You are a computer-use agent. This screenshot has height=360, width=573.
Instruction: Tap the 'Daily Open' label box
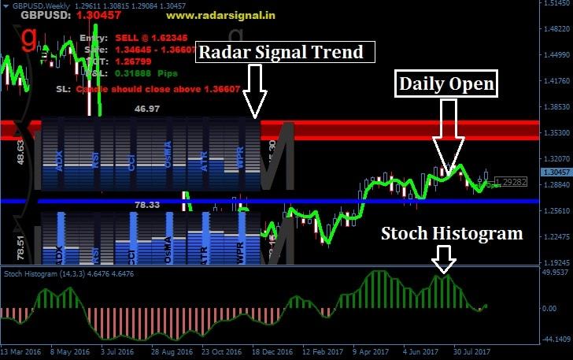click(x=446, y=84)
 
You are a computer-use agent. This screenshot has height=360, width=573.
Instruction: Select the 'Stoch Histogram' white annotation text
click(x=452, y=233)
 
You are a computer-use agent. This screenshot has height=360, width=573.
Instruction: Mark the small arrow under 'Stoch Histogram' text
click(x=445, y=258)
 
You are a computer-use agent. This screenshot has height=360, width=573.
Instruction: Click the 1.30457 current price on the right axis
click(x=556, y=171)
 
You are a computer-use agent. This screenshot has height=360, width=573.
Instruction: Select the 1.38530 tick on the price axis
click(x=556, y=106)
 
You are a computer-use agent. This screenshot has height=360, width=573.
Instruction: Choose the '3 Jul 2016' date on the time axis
click(x=114, y=351)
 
